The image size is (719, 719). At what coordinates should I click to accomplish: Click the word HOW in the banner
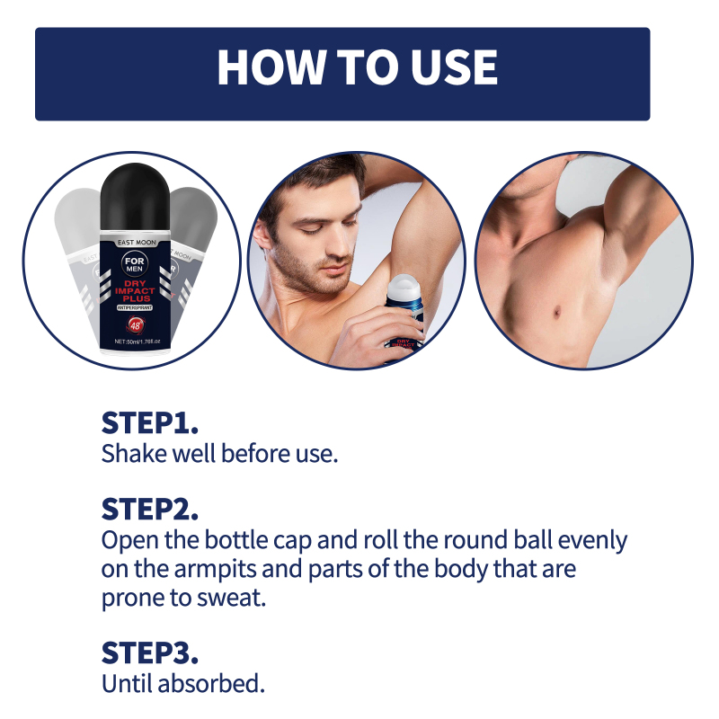click(271, 67)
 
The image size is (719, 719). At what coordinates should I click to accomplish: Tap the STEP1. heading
click(150, 422)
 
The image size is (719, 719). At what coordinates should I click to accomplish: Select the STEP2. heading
click(150, 510)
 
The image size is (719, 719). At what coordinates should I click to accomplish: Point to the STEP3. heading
click(150, 653)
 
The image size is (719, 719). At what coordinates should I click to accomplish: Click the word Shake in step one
click(133, 454)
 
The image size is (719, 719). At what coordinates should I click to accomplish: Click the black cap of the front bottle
click(135, 196)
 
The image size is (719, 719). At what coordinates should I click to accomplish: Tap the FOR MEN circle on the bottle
click(135, 264)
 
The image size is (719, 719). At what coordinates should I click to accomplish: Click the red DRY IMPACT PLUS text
click(135, 290)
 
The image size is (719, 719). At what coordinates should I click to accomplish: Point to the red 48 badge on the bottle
click(136, 325)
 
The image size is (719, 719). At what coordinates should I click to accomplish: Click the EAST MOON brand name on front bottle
click(137, 243)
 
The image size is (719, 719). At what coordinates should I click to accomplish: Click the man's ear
click(262, 234)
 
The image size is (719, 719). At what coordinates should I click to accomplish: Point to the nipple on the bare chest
click(557, 313)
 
